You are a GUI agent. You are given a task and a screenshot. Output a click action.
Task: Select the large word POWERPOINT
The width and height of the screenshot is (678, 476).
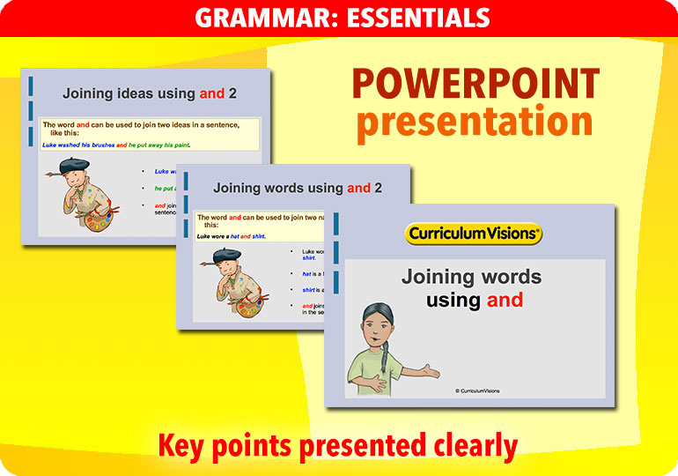click(475, 85)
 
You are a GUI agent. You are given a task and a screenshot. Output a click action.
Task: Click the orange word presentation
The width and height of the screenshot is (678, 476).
click(475, 123)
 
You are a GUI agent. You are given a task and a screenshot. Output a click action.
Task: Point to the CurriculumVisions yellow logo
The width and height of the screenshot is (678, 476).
click(474, 234)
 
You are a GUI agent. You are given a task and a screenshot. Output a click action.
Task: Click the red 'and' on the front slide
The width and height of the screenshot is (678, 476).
click(505, 301)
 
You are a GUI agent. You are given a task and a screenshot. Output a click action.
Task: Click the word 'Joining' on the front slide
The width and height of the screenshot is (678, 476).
click(438, 278)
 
